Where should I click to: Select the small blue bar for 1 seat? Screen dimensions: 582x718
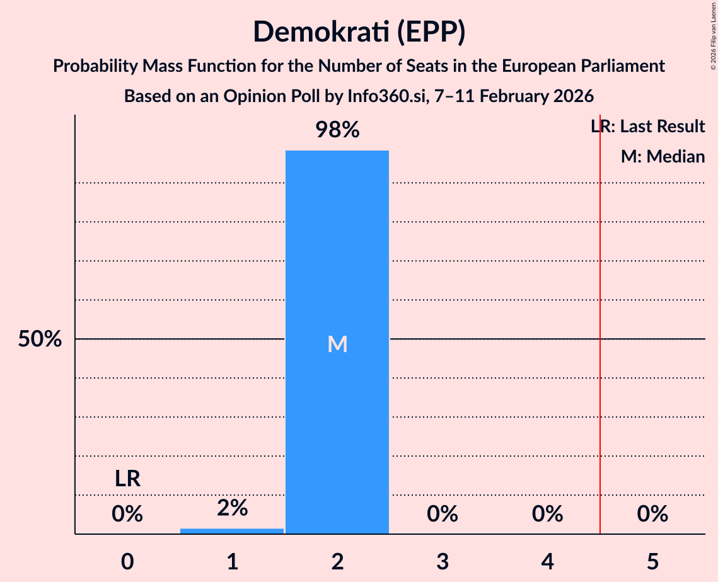coord(232,531)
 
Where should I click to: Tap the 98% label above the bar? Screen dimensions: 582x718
coord(337,130)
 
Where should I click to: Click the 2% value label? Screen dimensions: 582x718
coord(232,508)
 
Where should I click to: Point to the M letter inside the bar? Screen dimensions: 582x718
coord(337,344)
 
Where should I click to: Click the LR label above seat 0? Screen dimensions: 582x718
coord(127,479)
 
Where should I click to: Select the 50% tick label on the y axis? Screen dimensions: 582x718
coord(40,339)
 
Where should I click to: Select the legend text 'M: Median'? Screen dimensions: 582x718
coord(663,157)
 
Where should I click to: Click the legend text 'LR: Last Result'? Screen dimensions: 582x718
coord(648,127)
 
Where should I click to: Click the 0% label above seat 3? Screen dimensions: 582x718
coord(443,514)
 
